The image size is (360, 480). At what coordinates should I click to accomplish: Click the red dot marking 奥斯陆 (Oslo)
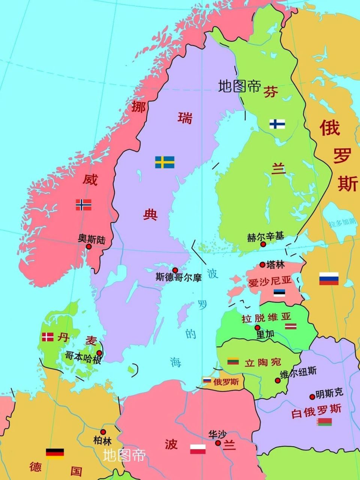tap(89, 247)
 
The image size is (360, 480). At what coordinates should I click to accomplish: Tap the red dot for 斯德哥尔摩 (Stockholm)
tap(175, 270)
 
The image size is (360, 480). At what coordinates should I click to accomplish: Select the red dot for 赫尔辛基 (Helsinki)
tap(263, 244)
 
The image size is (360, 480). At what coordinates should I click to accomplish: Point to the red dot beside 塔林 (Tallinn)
tap(262, 264)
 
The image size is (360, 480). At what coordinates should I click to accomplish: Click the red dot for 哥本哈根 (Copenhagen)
tap(99, 353)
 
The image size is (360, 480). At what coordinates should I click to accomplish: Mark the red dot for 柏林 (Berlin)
tap(103, 432)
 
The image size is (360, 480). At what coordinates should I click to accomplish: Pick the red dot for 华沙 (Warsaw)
tap(218, 443)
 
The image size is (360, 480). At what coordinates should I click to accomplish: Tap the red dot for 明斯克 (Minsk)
tap(312, 397)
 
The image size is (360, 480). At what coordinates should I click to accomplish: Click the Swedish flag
tap(165, 162)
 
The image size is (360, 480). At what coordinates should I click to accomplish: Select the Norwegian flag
tap(83, 205)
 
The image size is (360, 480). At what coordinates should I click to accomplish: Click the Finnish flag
tap(277, 124)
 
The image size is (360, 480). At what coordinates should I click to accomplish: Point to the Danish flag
tap(48, 337)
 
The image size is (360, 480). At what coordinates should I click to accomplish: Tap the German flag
tap(55, 453)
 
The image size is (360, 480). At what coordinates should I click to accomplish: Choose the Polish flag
tap(198, 449)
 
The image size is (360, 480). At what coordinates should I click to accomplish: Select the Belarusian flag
tap(324, 422)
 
